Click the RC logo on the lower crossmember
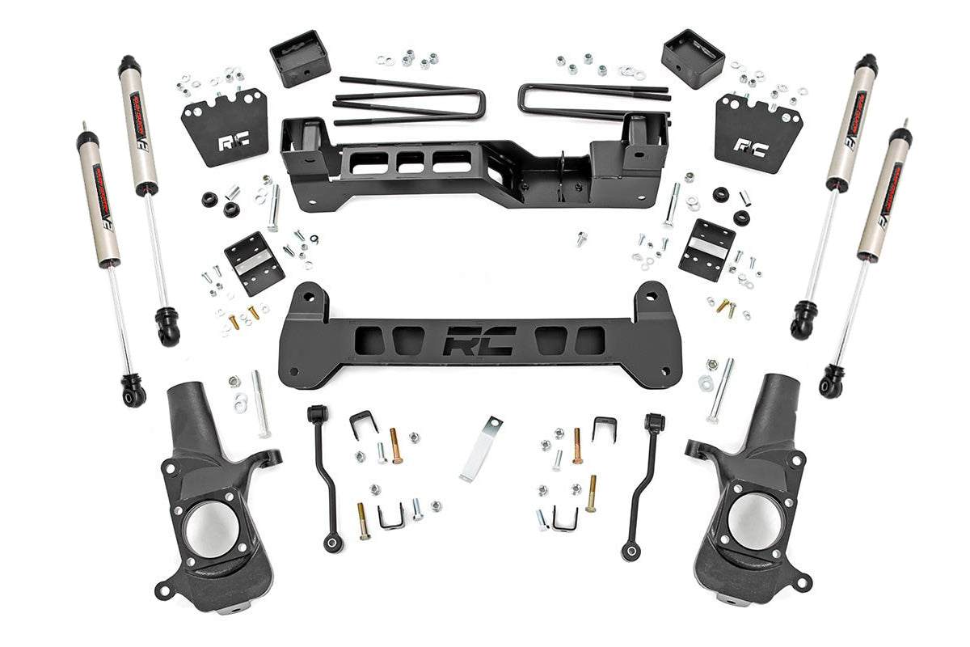click(x=479, y=340)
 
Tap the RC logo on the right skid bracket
click(x=749, y=146)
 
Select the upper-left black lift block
click(x=299, y=57)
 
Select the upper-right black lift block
click(x=692, y=58)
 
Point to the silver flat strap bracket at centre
click(x=480, y=450)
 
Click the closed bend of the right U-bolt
click(x=525, y=98)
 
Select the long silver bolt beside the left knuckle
click(x=259, y=404)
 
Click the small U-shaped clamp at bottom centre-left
click(x=391, y=517)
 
